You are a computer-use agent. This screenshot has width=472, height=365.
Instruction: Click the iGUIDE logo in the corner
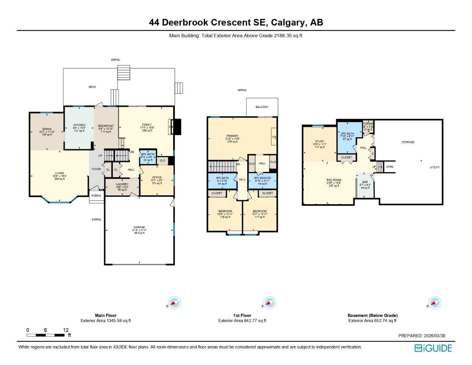point(433,348)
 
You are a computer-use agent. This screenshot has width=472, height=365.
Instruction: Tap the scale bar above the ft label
point(45,335)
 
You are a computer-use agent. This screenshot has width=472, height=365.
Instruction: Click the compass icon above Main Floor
point(174,303)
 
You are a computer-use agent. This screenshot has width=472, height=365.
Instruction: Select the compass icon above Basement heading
point(434,303)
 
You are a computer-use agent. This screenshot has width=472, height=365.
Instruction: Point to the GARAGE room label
point(139,227)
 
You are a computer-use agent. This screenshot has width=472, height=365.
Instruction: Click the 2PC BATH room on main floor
point(148,157)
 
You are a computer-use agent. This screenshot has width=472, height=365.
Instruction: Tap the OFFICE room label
point(157,178)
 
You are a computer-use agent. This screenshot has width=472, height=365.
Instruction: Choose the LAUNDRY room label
point(122,185)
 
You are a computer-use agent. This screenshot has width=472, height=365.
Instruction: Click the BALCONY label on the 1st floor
point(262,107)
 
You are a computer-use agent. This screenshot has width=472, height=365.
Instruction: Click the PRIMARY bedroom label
point(232,136)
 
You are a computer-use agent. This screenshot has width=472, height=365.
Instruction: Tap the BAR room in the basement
point(365,182)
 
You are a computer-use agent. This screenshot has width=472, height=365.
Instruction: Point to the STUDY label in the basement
point(320,142)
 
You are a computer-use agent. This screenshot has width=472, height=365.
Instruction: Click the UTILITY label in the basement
point(435,167)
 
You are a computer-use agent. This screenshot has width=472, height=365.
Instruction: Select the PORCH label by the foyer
point(96,196)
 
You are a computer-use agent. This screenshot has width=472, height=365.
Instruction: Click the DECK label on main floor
point(92,87)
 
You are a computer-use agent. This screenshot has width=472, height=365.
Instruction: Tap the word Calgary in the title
point(288,22)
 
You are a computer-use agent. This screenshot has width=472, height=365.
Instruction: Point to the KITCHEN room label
point(79,125)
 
